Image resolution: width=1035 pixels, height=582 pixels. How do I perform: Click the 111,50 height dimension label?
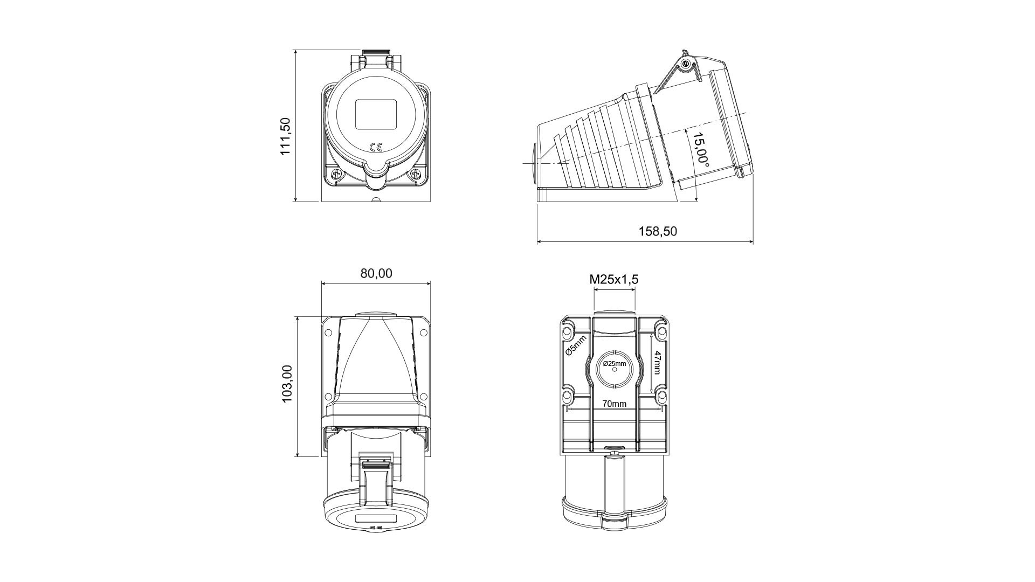[x=286, y=137]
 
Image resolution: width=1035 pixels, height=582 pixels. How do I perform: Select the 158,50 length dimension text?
[x=658, y=231]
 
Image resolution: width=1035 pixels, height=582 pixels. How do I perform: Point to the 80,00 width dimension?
[x=376, y=273]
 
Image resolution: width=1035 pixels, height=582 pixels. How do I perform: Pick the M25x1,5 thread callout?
[x=614, y=279]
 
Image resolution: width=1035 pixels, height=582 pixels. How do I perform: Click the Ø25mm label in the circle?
[x=614, y=364]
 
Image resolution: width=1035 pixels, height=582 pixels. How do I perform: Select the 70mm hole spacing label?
[x=615, y=404]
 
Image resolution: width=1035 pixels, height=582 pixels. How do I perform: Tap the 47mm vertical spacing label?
[x=657, y=363]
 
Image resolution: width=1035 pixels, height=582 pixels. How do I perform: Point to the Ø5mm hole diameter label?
[x=575, y=346]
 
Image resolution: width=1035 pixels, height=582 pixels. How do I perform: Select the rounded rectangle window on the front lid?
[x=376, y=114]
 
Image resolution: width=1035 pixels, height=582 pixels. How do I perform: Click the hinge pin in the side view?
[x=686, y=65]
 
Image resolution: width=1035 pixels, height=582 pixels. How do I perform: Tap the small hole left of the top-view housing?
[x=328, y=332]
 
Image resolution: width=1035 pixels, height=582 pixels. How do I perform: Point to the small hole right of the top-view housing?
[x=424, y=332]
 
